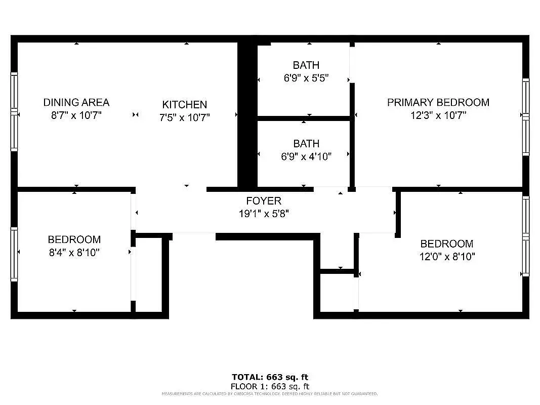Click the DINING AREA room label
pos(76,102)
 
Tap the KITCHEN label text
pos(184,105)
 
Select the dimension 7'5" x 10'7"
pos(184,117)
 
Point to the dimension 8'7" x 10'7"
pos(76,115)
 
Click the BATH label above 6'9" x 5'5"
pos(306,65)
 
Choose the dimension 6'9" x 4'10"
pos(306,157)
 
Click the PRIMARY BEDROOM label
pos(438,102)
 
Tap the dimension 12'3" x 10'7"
pos(438,115)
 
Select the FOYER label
pos(263,201)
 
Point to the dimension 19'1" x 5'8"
pos(263,214)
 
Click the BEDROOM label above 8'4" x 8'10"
pos(74,239)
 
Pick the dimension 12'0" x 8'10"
pos(446,257)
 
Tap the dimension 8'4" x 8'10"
pos(74,253)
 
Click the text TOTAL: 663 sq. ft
pos(270,377)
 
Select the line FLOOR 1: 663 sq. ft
pos(270,386)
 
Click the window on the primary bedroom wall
pos(526,116)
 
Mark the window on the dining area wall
pos(14,111)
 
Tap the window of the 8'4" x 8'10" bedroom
pos(14,254)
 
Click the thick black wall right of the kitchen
pos(247,114)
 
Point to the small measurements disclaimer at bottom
pos(270,393)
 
